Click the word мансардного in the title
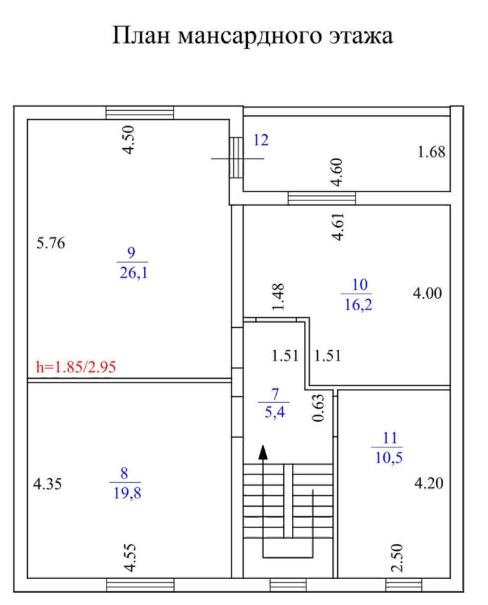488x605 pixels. coord(250,36)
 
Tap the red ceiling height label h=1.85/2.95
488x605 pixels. coord(76,367)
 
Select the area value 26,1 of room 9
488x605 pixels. coord(134,273)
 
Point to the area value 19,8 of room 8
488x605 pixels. coord(127,493)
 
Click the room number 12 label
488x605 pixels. coord(261,140)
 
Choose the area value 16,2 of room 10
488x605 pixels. coord(358,305)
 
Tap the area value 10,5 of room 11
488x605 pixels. coord(389,458)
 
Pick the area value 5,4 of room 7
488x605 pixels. coord(274,412)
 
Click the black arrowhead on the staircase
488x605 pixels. coord(263,452)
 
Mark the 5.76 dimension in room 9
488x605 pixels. coord(50,243)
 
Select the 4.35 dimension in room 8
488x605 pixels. coord(47,484)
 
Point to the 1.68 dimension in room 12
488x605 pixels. coord(431,152)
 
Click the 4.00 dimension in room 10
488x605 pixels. coord(427,293)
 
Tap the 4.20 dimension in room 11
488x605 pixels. coord(429,483)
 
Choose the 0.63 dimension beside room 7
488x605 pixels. coord(318,408)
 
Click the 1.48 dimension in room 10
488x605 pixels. coord(278,297)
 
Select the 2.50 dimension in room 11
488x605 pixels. coord(397,558)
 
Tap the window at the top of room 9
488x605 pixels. coord(140,113)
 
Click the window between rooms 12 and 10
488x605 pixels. coord(322,199)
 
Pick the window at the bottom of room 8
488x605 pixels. coord(140,585)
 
